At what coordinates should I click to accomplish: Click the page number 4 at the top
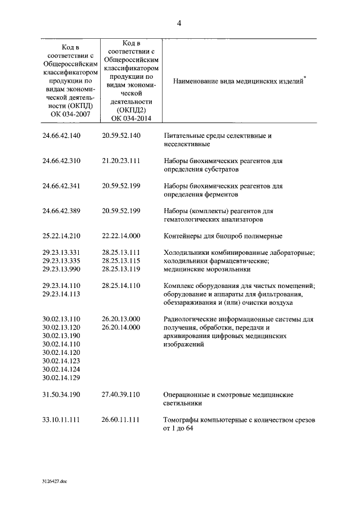[179, 22]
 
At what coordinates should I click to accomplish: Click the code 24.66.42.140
[62, 136]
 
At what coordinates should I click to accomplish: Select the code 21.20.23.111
[121, 160]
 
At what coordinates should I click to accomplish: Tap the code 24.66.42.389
[62, 211]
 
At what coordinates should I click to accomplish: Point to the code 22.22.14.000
[121, 236]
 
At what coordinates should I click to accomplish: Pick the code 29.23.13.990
[62, 269]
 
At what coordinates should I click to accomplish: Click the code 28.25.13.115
[121, 260]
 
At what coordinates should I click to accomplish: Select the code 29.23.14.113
[62, 294]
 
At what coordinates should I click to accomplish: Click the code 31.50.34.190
[62, 395]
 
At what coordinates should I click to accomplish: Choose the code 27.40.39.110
[121, 395]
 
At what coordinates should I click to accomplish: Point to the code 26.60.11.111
[121, 420]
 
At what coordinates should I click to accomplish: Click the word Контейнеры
[183, 236]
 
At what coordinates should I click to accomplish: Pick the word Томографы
[181, 420]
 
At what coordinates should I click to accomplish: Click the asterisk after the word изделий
[304, 76]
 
